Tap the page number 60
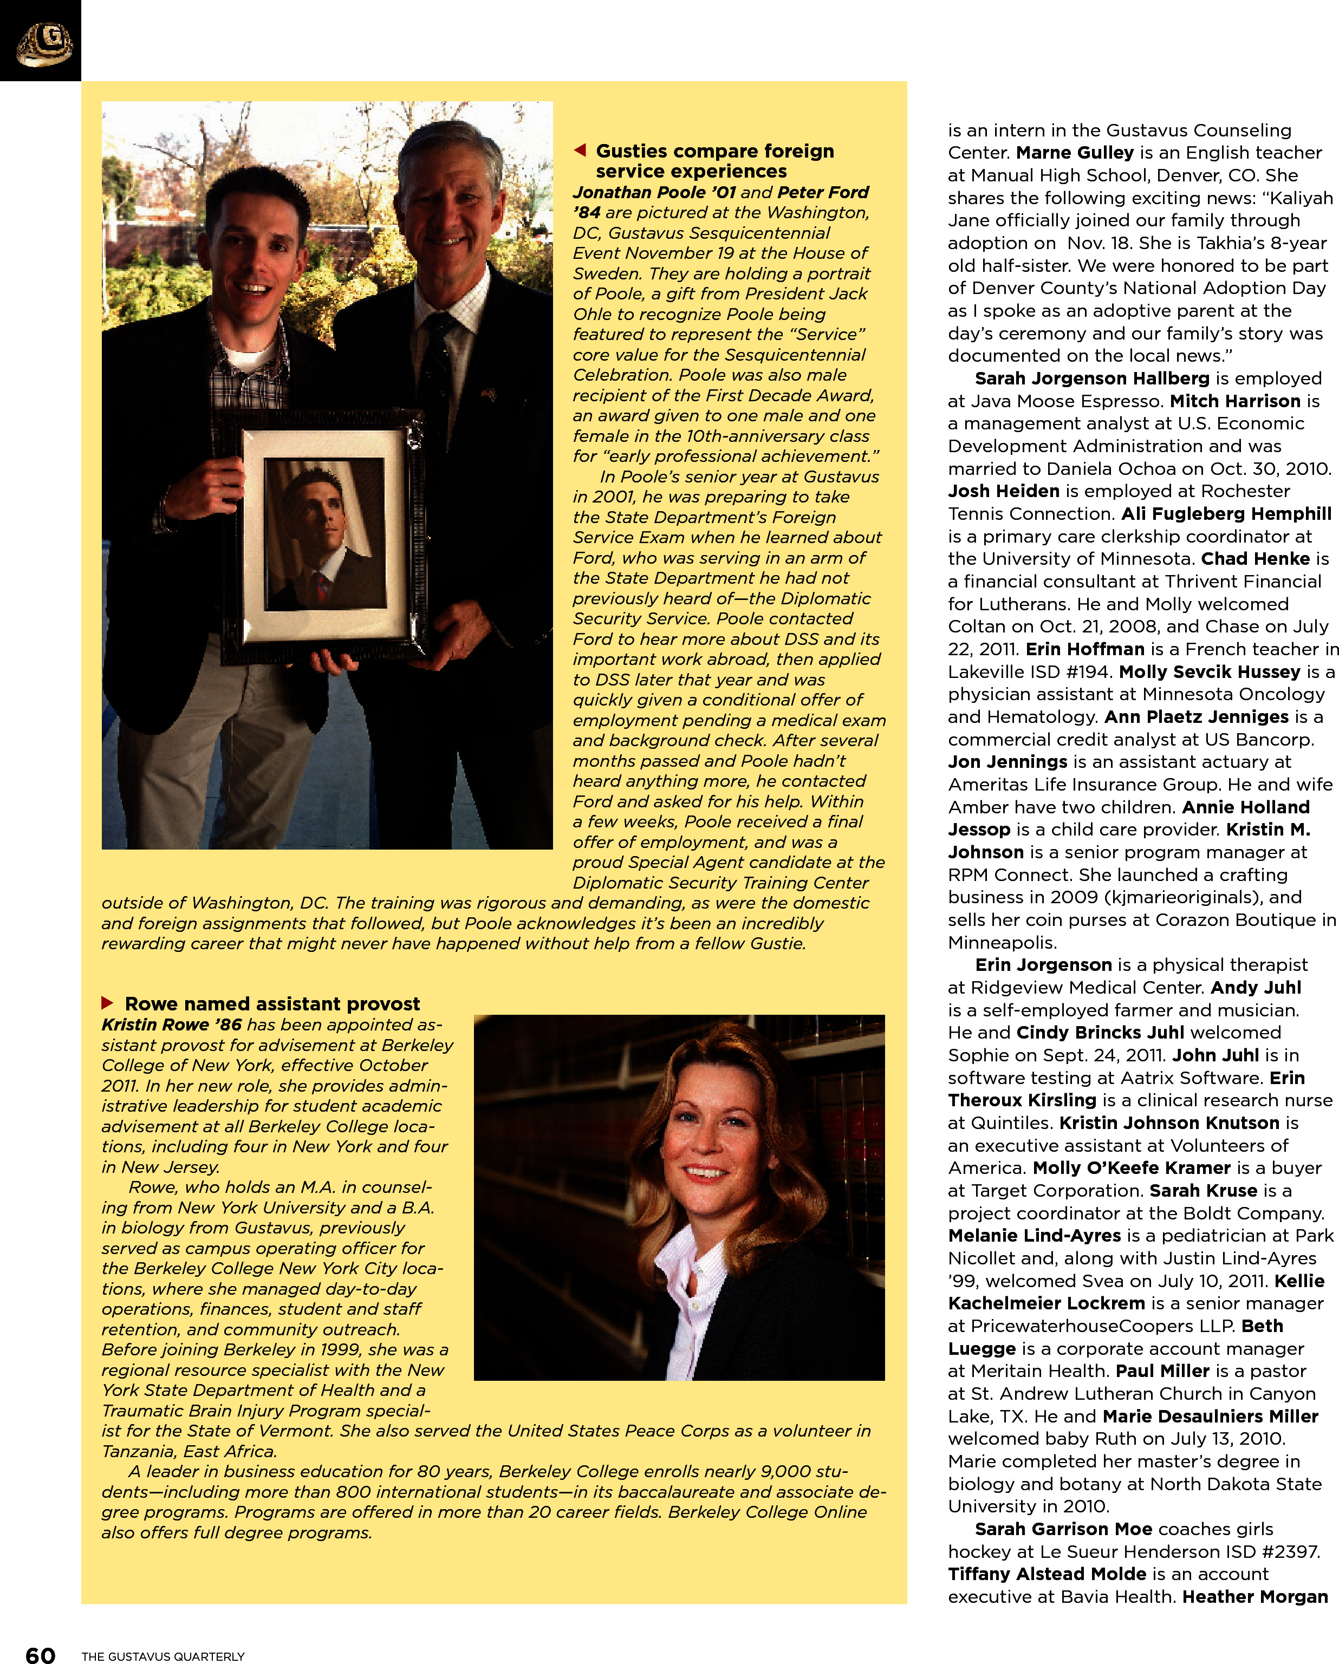pyautogui.click(x=40, y=1654)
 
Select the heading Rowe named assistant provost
pyautogui.click(x=272, y=1003)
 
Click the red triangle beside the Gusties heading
pyautogui.click(x=580, y=150)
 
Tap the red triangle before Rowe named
pyautogui.click(x=107, y=1002)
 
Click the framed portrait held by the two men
pyautogui.click(x=324, y=534)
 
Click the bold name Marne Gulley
pyautogui.click(x=1074, y=153)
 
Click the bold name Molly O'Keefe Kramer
pyautogui.click(x=1132, y=1168)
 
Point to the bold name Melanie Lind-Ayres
pyautogui.click(x=1034, y=1236)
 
